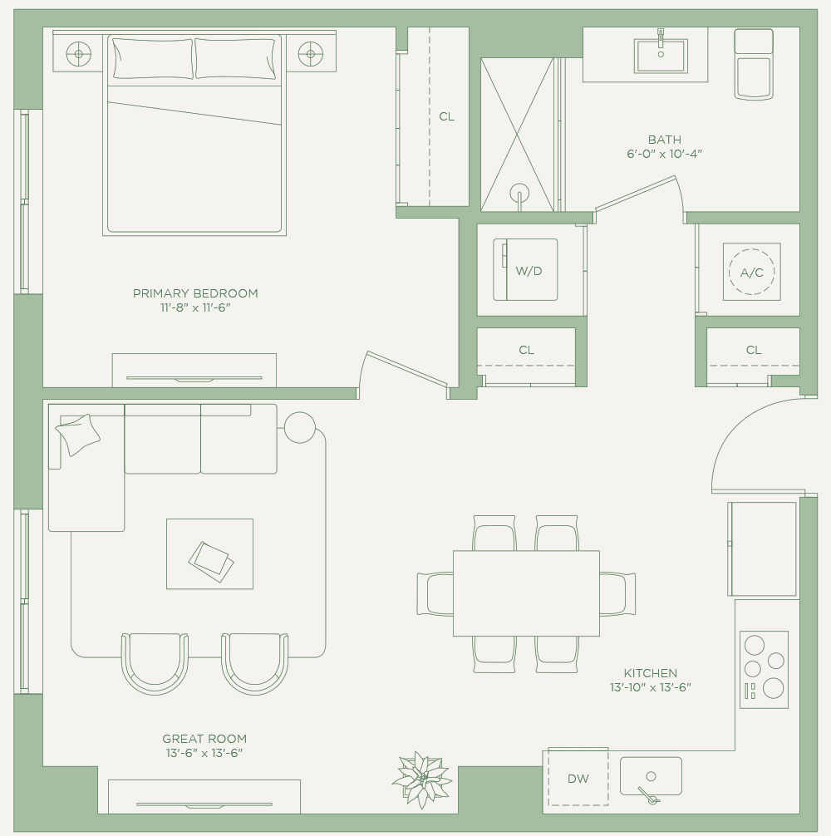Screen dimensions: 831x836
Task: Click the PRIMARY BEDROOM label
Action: tap(195, 293)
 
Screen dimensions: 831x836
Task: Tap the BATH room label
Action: tap(664, 140)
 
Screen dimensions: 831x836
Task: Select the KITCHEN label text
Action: tap(651, 673)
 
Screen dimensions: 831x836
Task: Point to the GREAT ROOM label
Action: tap(204, 739)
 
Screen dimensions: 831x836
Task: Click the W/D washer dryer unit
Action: tap(525, 270)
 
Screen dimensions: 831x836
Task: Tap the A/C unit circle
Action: tap(751, 272)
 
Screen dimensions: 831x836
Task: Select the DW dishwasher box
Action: tap(578, 777)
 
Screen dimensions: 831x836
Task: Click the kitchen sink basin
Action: tap(651, 776)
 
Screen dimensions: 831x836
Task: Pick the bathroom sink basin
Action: tap(661, 56)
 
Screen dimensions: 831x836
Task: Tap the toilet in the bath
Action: tap(754, 65)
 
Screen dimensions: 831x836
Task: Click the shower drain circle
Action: tap(519, 193)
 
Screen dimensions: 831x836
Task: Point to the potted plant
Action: tap(422, 779)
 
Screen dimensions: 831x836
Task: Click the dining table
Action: tap(526, 593)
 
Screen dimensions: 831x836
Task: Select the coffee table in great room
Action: tap(209, 554)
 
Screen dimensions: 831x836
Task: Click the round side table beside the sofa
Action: tap(299, 428)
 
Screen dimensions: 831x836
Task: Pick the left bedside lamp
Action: tap(79, 54)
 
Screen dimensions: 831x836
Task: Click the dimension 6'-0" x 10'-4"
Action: tap(664, 154)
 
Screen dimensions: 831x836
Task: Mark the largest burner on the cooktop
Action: tap(773, 688)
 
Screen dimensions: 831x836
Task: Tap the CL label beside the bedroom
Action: tap(447, 116)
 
